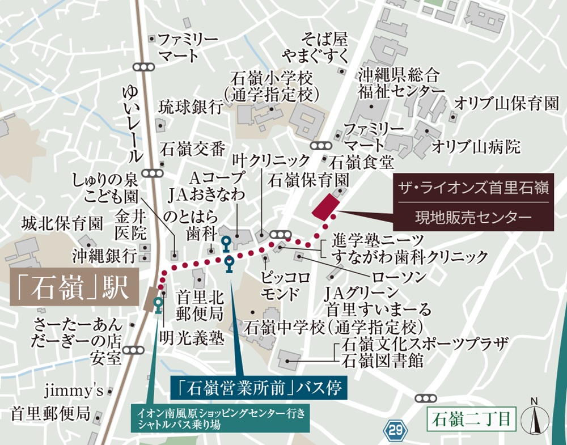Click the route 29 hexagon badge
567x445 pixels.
tap(396, 430)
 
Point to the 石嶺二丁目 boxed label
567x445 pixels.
tap(471, 420)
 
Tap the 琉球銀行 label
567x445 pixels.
tap(191, 108)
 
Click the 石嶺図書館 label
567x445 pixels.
tap(380, 361)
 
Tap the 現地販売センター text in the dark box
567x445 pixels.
tap(473, 217)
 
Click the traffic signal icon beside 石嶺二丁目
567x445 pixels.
tap(425, 399)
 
